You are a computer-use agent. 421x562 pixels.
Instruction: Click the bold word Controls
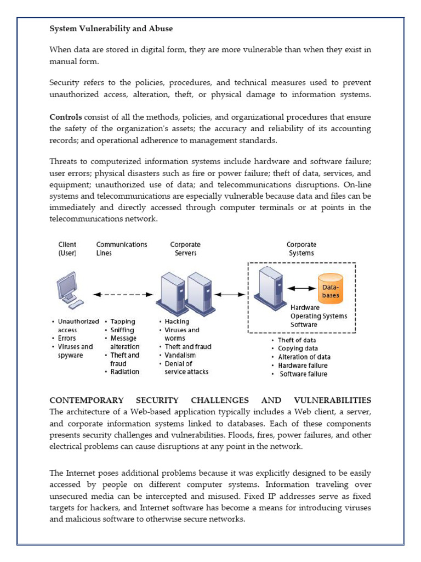click(66, 117)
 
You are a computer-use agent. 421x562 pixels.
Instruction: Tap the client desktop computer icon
click(69, 291)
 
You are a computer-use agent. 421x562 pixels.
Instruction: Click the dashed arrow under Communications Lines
click(120, 295)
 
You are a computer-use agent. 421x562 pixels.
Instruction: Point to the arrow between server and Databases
click(301, 288)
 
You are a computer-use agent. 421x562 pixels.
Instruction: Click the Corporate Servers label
click(185, 249)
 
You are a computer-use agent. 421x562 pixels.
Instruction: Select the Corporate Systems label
click(301, 249)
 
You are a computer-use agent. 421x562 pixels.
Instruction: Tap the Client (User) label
click(67, 249)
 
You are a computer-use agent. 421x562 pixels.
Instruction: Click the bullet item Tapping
click(123, 322)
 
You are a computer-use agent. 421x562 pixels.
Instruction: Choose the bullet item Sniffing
click(123, 330)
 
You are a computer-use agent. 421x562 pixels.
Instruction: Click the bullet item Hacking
click(177, 322)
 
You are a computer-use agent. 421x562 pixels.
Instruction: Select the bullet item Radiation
click(125, 372)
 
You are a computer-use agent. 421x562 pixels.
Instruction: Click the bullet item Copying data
click(298, 349)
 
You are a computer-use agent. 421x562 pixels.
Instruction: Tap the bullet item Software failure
click(304, 374)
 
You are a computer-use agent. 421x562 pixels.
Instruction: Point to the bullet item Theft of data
click(297, 340)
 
